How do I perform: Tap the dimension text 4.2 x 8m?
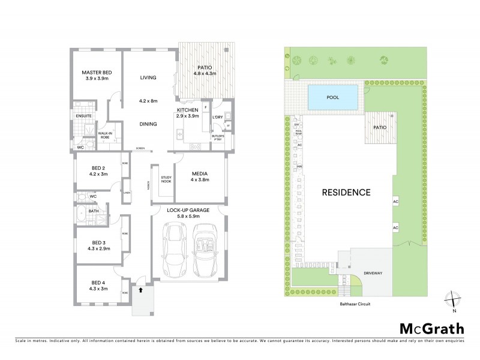tap(148, 101)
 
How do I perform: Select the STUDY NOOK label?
tap(167, 179)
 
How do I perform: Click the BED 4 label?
tap(98, 283)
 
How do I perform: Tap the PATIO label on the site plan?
tap(379, 128)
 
